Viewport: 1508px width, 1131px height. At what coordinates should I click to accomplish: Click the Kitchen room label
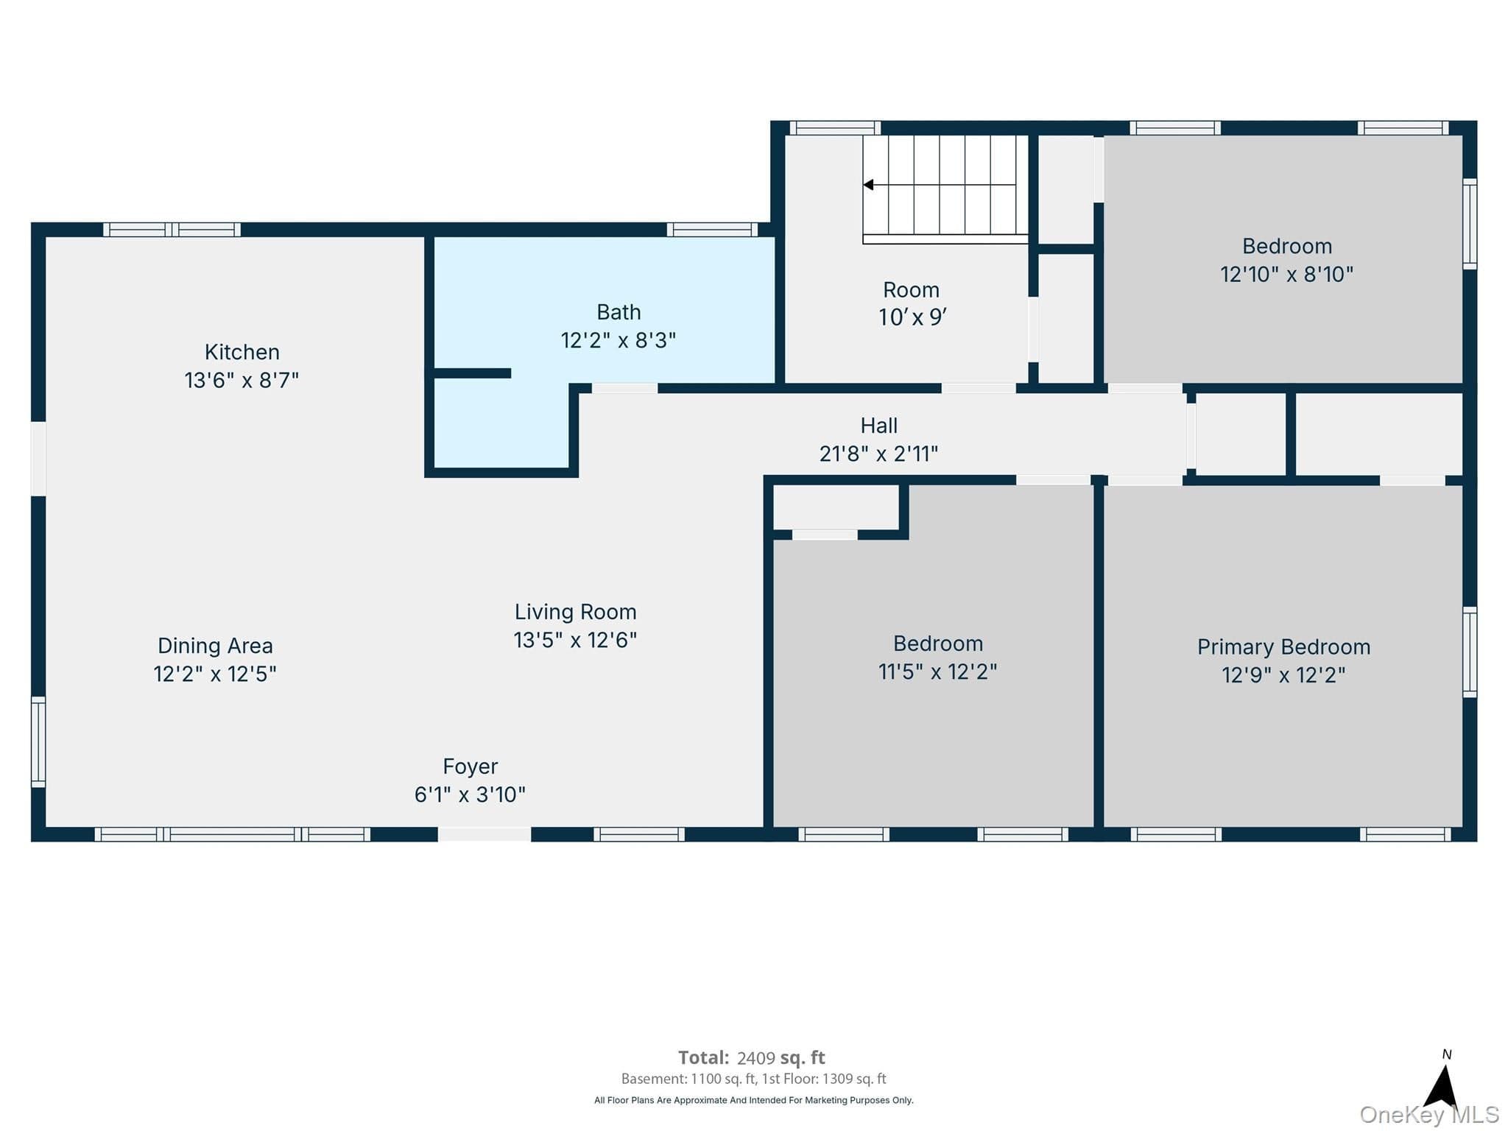[242, 352]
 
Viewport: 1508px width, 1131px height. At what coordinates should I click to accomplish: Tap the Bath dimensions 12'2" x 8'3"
[619, 340]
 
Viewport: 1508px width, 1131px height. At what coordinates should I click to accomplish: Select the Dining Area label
[215, 646]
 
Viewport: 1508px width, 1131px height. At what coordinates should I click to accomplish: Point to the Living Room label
[575, 612]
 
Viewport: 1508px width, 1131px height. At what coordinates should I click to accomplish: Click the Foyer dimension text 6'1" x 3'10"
[470, 794]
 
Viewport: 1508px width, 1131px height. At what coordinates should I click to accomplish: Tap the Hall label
[879, 426]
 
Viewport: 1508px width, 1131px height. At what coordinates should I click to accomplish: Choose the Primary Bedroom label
[1283, 647]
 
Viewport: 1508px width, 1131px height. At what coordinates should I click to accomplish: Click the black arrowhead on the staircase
[868, 185]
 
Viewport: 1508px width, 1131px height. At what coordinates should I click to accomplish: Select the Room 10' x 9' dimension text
[912, 317]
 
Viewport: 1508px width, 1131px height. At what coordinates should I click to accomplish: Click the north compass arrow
[1443, 1085]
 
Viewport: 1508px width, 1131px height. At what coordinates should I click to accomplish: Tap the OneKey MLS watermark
[1428, 1115]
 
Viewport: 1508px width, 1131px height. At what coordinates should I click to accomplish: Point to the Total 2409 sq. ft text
[751, 1058]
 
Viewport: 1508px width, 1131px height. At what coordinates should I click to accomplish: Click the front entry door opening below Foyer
[485, 834]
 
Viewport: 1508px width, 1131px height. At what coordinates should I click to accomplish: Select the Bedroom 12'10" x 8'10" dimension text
[1286, 275]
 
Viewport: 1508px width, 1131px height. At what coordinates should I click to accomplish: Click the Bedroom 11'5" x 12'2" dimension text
[937, 672]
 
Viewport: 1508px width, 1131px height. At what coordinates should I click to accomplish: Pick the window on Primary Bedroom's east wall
[1470, 652]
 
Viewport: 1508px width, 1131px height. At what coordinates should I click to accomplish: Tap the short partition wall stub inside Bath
[472, 373]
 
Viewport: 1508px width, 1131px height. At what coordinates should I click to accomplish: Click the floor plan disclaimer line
[754, 1100]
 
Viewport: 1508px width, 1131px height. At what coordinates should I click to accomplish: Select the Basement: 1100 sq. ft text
[688, 1079]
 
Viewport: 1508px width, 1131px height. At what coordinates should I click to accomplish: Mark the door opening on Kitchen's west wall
[38, 459]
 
